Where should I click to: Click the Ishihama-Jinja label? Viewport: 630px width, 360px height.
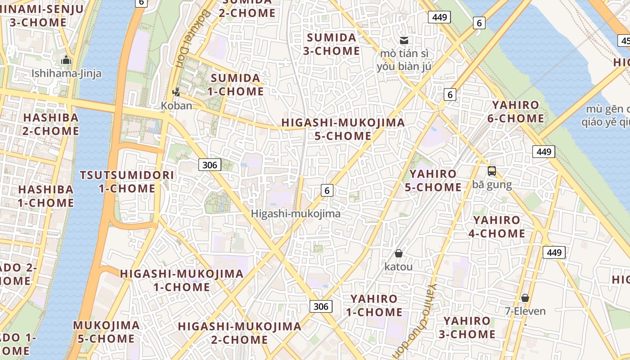pos(67,73)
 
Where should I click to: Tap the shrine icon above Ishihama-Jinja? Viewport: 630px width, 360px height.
pos(67,59)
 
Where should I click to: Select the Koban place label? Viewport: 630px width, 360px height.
pos(176,106)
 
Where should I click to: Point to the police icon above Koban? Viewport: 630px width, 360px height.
pos(176,92)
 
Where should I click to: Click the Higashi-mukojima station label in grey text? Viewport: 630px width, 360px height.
pos(296,214)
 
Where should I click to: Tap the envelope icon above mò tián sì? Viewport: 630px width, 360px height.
pos(404,40)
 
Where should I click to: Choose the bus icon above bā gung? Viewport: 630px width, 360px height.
pos(492,171)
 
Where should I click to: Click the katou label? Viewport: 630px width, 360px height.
pos(398,266)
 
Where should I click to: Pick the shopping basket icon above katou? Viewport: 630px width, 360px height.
pos(398,253)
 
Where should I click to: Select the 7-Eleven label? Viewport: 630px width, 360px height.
pos(525,311)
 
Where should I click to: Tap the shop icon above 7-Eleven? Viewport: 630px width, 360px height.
pos(525,298)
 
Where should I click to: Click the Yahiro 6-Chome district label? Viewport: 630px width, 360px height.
pos(515,112)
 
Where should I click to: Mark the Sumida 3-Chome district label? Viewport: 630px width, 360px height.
pos(332,44)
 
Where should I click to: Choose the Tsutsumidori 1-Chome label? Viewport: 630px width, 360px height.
pos(127,182)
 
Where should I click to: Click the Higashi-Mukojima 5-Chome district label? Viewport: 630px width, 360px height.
pos(343,129)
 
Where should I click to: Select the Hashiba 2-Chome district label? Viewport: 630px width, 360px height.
pos(50,124)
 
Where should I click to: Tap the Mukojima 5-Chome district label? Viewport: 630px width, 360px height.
pos(106,332)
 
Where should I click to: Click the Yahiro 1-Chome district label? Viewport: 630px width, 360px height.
pos(374,305)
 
